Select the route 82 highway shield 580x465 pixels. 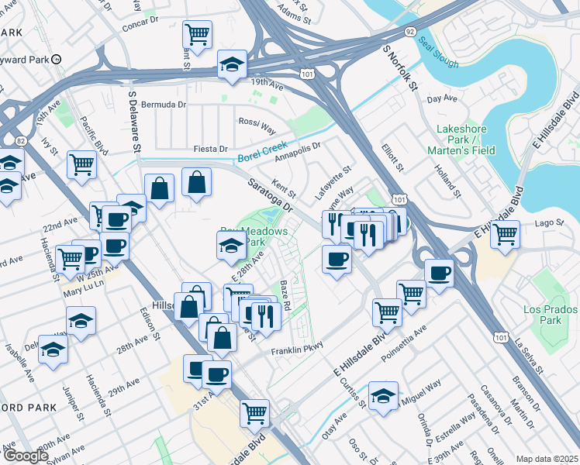tap(21, 140)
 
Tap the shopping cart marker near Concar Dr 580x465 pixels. tap(198, 34)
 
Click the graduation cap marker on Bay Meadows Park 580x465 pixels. tap(232, 246)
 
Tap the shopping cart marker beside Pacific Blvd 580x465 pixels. tap(81, 164)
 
